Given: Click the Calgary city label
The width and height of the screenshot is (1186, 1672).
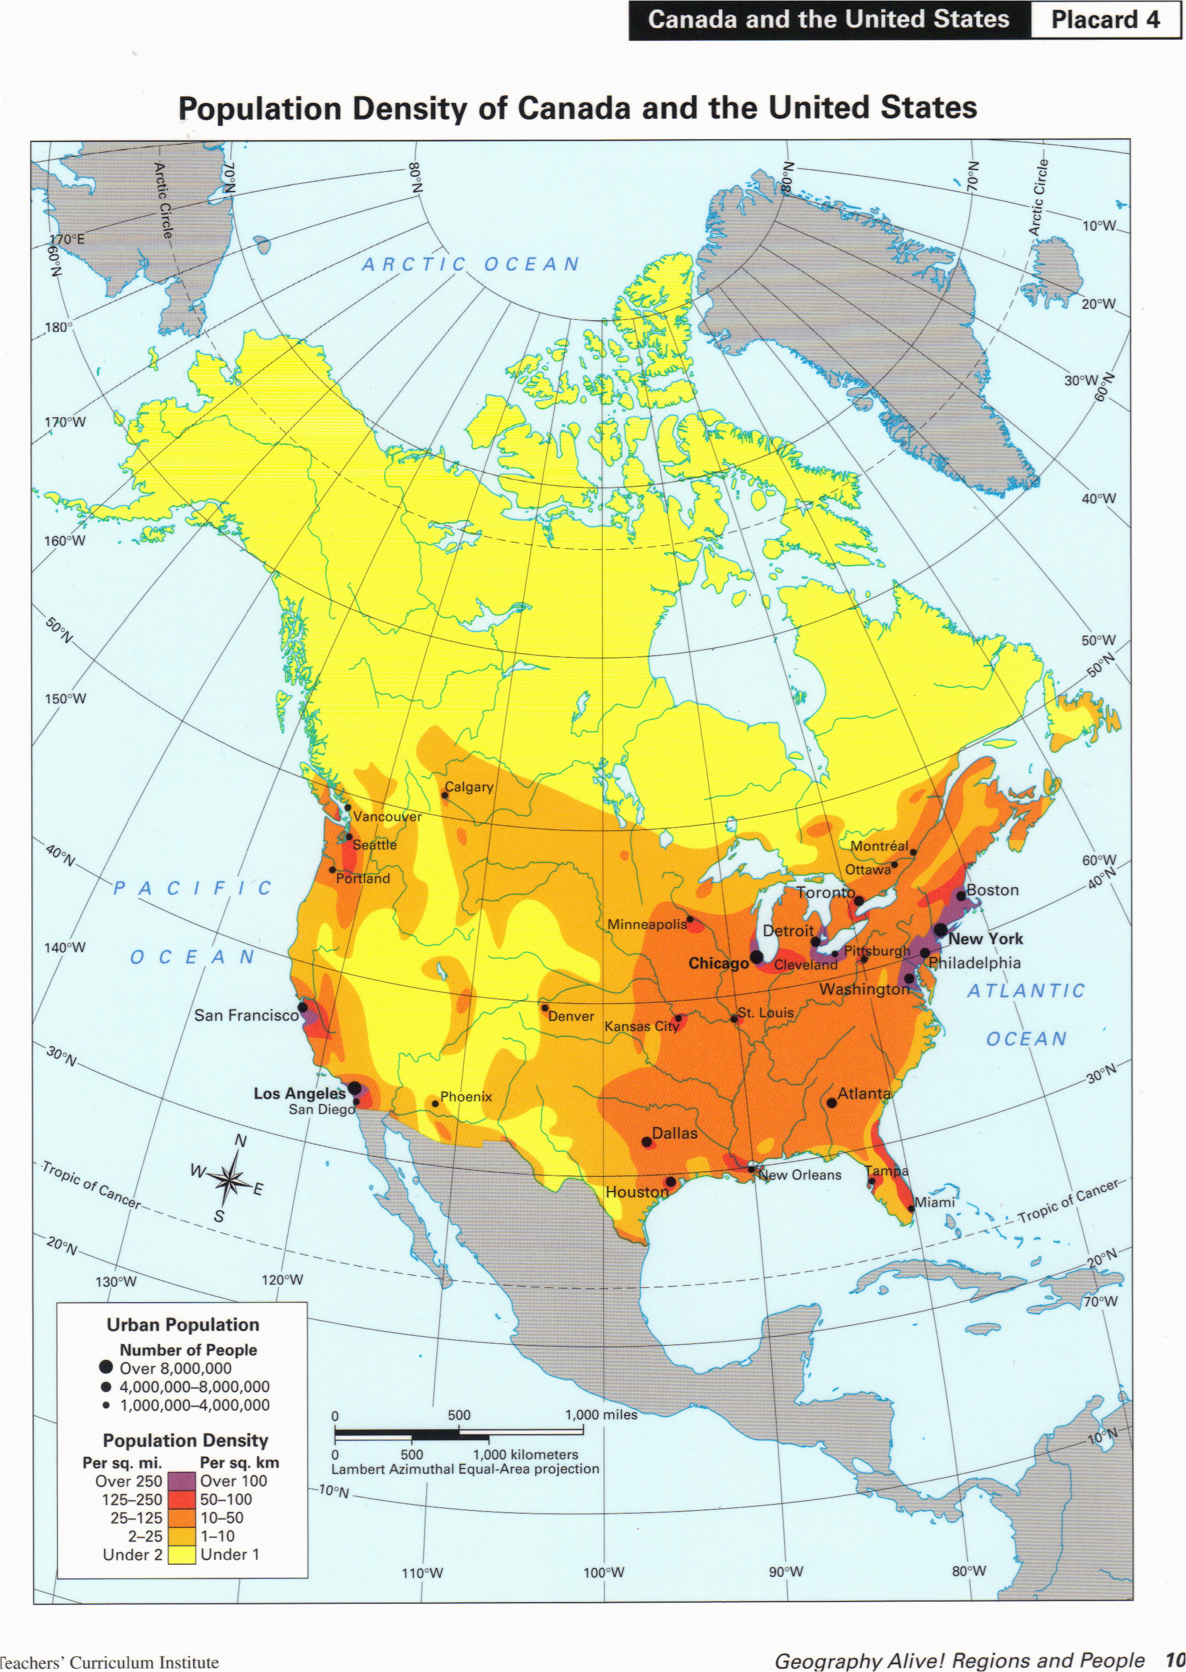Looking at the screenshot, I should pyautogui.click(x=469, y=787).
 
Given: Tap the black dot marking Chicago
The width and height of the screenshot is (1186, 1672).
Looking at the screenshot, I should pyautogui.click(x=757, y=957).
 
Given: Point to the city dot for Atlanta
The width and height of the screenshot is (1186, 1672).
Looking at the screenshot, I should pyautogui.click(x=831, y=1102).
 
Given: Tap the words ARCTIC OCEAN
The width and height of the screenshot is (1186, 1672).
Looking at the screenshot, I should pyautogui.click(x=471, y=264).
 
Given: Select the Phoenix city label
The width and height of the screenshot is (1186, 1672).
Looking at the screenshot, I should pyautogui.click(x=466, y=1097).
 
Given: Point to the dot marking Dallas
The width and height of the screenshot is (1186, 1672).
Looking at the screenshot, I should pyautogui.click(x=646, y=1142).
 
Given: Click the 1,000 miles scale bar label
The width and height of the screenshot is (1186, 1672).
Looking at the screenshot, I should pyautogui.click(x=601, y=1414).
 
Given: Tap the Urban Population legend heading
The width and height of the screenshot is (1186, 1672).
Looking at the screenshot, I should pyautogui.click(x=183, y=1325).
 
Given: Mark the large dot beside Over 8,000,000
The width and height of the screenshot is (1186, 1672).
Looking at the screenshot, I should pyautogui.click(x=107, y=1368).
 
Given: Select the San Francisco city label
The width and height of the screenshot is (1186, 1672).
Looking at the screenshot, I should pyautogui.click(x=246, y=1015).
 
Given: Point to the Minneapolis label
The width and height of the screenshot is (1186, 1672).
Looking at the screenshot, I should pyautogui.click(x=647, y=925).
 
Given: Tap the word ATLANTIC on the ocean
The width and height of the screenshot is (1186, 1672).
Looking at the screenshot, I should pyautogui.click(x=1026, y=991).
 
